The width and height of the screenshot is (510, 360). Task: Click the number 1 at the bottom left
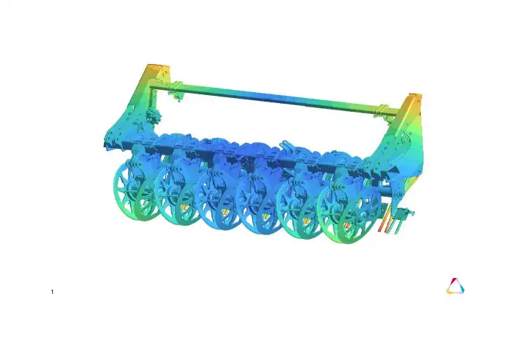[52, 292]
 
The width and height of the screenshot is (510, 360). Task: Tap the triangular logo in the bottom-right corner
[455, 286]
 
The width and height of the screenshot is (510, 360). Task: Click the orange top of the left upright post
[158, 68]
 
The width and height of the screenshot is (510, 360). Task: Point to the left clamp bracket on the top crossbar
[176, 91]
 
